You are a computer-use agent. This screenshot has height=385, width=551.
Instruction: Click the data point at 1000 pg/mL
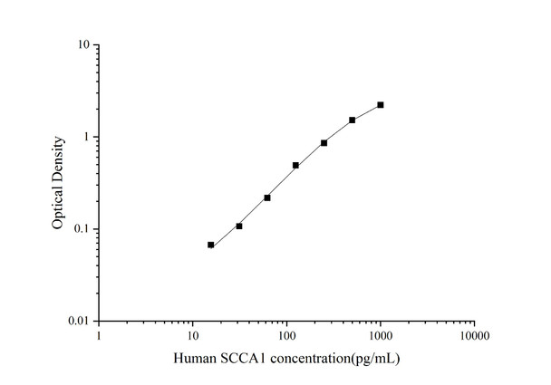click(x=381, y=105)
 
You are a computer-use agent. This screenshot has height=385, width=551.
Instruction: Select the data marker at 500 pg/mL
click(x=352, y=120)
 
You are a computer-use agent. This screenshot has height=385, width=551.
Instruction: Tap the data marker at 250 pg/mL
click(x=324, y=143)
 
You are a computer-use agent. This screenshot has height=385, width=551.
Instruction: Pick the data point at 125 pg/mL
click(x=295, y=166)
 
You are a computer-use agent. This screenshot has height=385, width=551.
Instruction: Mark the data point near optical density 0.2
click(x=267, y=197)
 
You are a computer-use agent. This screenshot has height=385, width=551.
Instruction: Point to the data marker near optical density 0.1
click(x=239, y=226)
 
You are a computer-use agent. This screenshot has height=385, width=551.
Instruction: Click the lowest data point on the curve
click(x=211, y=245)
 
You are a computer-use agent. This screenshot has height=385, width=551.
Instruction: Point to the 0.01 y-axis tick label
click(x=77, y=322)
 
